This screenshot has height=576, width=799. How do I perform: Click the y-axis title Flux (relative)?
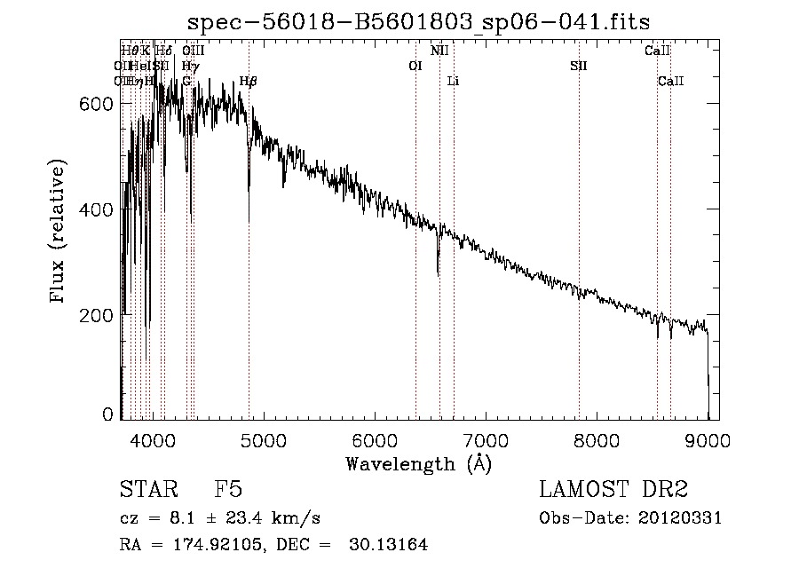coord(59,233)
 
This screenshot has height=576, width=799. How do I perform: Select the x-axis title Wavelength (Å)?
coord(418,463)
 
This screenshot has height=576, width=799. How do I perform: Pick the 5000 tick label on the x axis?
coord(263,439)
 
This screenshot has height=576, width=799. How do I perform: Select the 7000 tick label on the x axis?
coord(486,439)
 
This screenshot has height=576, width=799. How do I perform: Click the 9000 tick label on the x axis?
coord(708,439)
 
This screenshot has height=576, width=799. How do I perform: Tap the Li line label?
coord(453,81)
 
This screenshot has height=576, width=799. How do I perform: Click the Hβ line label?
coord(248,81)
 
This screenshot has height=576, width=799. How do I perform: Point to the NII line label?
coord(439,51)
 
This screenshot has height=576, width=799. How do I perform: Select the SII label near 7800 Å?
coord(579,66)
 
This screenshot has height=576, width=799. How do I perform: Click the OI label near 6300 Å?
coord(415,66)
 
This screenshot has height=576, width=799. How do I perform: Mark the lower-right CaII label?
coord(671,81)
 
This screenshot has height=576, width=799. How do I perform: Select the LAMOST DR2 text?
coord(613,490)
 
